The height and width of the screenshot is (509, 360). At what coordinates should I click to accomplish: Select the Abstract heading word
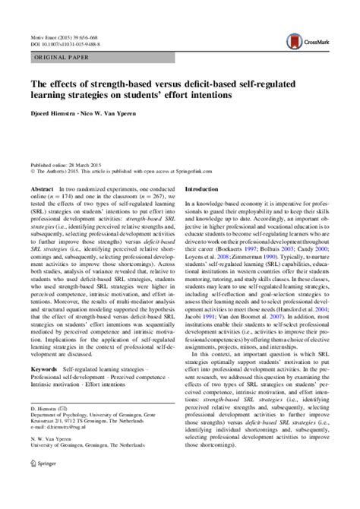[43, 188]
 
